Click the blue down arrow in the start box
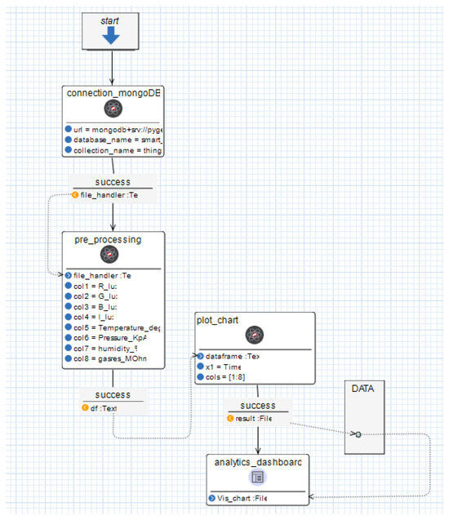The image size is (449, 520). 112,35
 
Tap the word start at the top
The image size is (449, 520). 112,19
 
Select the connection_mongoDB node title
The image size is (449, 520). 113,92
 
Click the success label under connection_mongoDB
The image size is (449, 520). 112,182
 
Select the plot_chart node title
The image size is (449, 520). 217,319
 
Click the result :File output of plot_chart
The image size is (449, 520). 256,419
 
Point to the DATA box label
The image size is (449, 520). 362,389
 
